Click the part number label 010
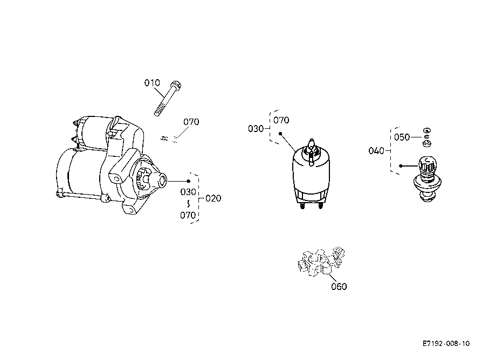152,83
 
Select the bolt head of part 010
176,85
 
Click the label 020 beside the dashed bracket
213,198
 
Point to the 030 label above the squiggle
188,192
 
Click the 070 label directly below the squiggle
188,215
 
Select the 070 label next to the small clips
191,122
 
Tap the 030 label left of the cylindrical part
256,129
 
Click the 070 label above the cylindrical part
281,120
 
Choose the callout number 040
376,151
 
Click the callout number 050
402,137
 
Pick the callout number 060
339,287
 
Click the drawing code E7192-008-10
446,344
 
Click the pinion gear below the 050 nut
428,179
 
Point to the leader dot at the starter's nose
189,181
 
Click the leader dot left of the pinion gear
401,166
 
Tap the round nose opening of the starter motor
163,181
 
